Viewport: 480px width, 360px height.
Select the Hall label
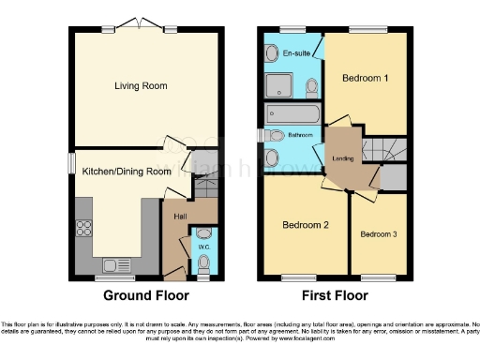pyautogui.click(x=179, y=217)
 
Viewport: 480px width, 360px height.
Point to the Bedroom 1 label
pyautogui.click(x=365, y=78)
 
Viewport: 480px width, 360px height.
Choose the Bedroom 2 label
pyautogui.click(x=307, y=225)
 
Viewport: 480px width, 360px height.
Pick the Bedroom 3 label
pyautogui.click(x=378, y=232)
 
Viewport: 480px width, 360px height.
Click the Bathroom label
pyautogui.click(x=300, y=135)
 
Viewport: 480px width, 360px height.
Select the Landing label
pyautogui.click(x=343, y=157)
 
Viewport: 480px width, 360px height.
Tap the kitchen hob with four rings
pyautogui.click(x=82, y=228)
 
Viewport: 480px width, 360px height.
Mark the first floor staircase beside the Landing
pyautogui.click(x=385, y=150)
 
